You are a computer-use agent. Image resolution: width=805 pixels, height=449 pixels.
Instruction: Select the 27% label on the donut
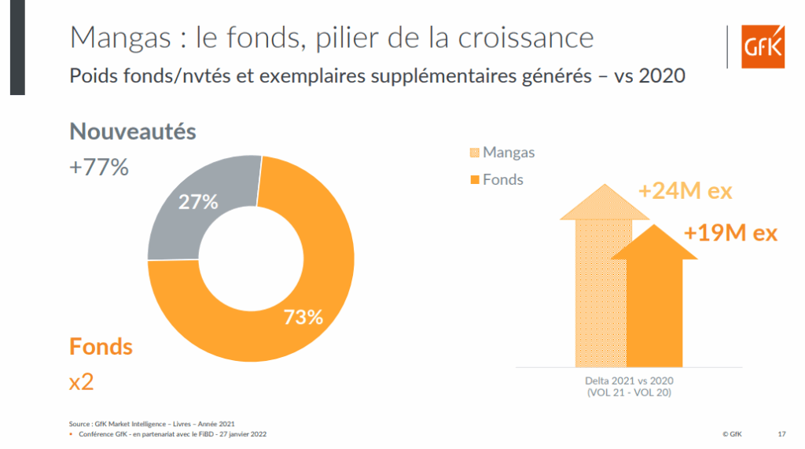tap(198, 201)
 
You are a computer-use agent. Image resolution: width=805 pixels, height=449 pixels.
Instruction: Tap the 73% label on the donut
tap(303, 317)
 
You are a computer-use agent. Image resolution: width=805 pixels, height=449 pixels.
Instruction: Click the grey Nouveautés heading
tap(133, 131)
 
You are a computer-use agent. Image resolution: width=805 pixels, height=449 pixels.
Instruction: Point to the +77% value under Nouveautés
tap(99, 167)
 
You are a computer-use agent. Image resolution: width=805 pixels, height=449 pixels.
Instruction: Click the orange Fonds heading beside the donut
tap(101, 346)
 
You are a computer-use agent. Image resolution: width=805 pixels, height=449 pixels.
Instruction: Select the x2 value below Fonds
tap(82, 382)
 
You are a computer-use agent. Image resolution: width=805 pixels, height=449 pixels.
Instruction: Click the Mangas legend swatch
tap(474, 153)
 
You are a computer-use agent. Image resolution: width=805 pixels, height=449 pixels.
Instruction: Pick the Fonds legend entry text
tap(503, 180)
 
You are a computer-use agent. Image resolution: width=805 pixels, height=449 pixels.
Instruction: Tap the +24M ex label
tap(684, 192)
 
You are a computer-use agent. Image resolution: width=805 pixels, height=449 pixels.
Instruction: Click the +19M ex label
tap(730, 233)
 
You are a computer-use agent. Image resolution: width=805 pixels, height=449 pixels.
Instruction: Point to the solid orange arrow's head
tap(654, 239)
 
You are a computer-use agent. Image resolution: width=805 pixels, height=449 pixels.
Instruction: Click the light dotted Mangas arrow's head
tap(603, 201)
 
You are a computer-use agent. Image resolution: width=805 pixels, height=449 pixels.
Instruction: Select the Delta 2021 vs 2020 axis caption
tap(629, 381)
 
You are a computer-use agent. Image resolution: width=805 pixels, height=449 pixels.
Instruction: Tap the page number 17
tap(781, 434)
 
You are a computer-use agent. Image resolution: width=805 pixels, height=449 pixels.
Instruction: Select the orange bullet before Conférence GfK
tap(72, 434)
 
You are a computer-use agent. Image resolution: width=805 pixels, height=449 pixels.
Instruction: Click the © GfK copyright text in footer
tap(731, 434)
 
